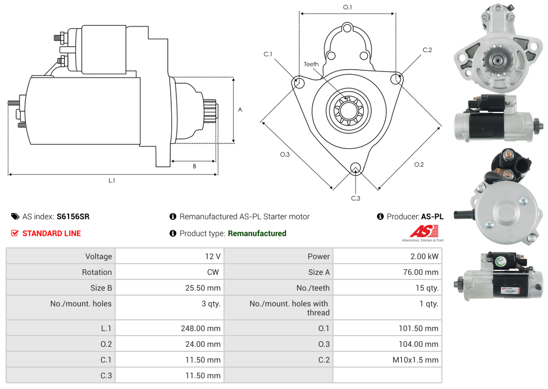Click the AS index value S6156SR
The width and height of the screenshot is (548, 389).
[72, 216]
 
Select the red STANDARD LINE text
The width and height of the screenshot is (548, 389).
[51, 233]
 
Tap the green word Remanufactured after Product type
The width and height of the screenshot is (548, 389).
[257, 233]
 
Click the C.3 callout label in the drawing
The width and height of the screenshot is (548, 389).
[355, 198]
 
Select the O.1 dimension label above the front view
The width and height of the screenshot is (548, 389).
[348, 7]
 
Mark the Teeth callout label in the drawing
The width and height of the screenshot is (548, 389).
[311, 64]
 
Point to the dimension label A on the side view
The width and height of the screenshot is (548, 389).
[240, 110]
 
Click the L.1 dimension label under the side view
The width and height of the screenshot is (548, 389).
[112, 181]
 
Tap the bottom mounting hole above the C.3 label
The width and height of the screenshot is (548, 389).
[355, 168]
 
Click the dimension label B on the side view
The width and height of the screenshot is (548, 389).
[194, 166]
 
